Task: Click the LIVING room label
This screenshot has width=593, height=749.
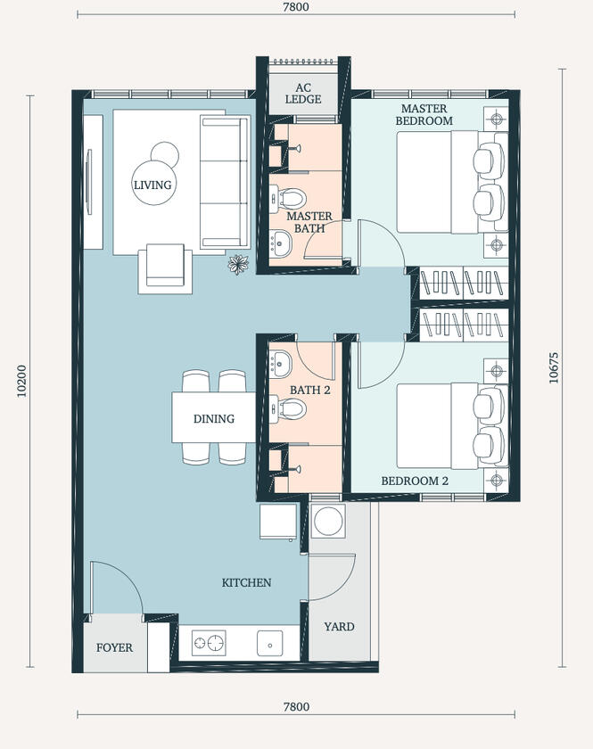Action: coord(152,185)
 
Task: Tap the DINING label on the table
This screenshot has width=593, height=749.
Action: coord(214,418)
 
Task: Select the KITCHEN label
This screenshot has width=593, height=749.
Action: coord(247,582)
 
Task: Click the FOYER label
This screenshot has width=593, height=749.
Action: coord(114,647)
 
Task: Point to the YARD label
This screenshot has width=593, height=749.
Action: coord(338,626)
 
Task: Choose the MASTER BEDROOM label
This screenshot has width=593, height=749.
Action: coord(424,114)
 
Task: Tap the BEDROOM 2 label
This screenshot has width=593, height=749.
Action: coord(415,481)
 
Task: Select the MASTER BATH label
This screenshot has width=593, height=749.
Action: coord(309,222)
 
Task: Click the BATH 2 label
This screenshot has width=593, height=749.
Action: coord(309,391)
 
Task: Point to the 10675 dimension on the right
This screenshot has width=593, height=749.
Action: coord(554,367)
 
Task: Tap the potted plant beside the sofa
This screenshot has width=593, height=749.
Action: coord(238,263)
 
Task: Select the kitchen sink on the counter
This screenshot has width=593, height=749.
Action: coord(269,642)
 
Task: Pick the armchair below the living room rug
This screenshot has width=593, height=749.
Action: coord(164,270)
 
